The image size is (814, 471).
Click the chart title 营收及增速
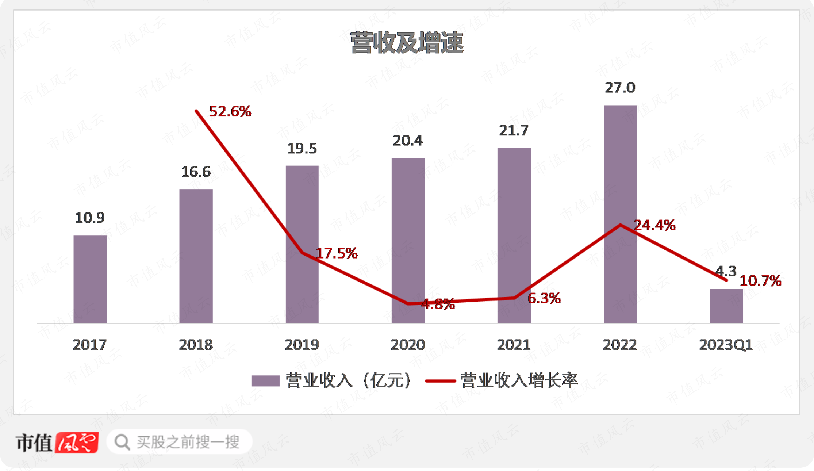click(x=407, y=43)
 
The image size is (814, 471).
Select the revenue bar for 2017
click(x=90, y=279)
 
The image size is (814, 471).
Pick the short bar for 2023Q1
click(x=726, y=306)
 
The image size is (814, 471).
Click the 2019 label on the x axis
click(x=302, y=345)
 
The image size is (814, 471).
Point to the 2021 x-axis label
click(x=514, y=345)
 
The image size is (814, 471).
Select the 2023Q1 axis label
click(x=726, y=345)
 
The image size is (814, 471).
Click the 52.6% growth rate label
click(x=230, y=111)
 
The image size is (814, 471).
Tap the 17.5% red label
click(x=337, y=253)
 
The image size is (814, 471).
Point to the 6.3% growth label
click(x=544, y=298)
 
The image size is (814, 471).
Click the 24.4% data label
click(x=654, y=225)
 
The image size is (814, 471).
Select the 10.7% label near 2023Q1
click(x=760, y=281)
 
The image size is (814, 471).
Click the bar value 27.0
click(x=620, y=88)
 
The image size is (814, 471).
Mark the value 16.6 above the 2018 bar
click(x=196, y=172)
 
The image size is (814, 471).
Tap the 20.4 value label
click(x=408, y=141)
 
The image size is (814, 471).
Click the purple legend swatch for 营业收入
click(x=265, y=381)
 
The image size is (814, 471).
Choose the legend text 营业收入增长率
click(x=519, y=380)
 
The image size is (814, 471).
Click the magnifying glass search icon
click(x=122, y=443)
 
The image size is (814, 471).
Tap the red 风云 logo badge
click(x=77, y=443)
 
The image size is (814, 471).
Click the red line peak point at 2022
click(x=620, y=225)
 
